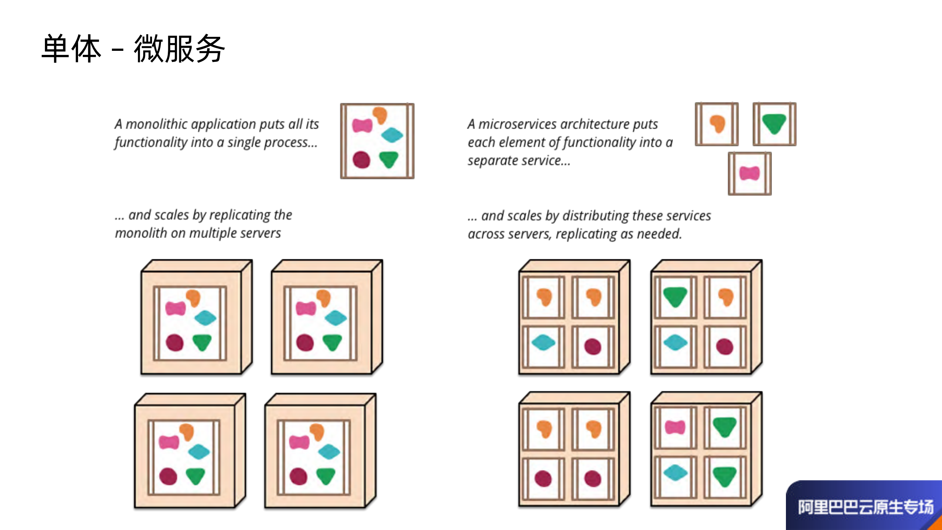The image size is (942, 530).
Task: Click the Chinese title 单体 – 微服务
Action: click(x=133, y=49)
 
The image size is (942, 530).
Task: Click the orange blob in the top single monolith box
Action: click(x=380, y=115)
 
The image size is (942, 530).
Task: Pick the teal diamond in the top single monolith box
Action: click(x=392, y=135)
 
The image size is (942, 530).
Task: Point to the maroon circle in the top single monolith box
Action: click(x=361, y=159)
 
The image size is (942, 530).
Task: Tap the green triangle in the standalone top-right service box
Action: click(x=774, y=123)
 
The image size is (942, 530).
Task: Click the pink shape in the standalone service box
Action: click(x=749, y=173)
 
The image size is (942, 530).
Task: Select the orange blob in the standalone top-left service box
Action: click(x=717, y=123)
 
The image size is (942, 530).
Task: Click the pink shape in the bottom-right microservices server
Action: click(x=675, y=427)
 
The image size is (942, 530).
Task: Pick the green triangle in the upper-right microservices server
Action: click(x=675, y=296)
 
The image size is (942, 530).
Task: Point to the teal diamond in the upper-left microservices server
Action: click(x=543, y=342)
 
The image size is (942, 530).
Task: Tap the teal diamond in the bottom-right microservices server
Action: click(x=675, y=473)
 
